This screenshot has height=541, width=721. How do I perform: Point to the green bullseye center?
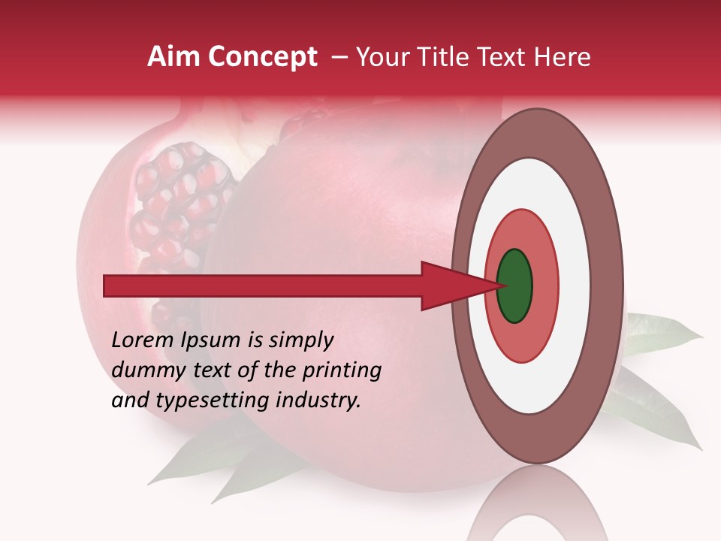514,286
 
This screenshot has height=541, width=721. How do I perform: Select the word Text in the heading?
504,57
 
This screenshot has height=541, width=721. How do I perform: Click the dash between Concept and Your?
339,57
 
